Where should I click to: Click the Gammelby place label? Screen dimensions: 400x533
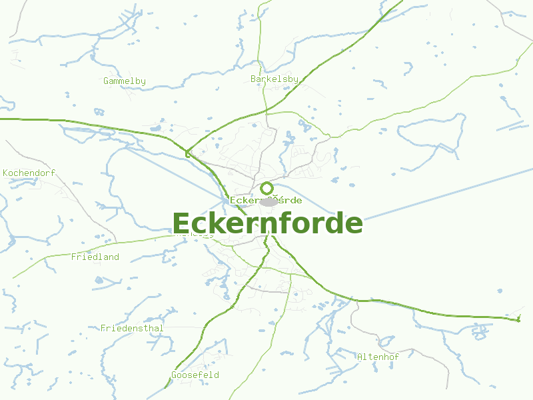(125, 81)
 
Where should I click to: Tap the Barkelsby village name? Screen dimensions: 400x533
(274, 79)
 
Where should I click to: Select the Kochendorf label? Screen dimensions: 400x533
(29, 173)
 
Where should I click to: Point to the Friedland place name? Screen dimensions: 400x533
(95, 257)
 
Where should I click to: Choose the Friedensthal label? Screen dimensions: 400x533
(132, 328)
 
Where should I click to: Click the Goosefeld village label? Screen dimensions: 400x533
(195, 375)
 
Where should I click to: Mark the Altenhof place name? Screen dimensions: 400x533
(378, 357)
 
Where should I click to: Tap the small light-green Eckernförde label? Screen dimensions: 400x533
(266, 200)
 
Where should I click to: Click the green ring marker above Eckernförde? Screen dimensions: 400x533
(266, 188)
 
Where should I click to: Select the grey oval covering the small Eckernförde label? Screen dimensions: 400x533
(268, 201)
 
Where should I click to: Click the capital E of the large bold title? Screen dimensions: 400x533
(181, 223)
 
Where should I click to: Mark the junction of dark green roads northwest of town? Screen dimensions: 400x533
(187, 153)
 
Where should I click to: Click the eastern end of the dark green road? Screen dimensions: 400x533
(518, 320)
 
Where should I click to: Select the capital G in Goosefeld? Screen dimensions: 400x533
(174, 375)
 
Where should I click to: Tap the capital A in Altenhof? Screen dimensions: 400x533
(360, 357)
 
